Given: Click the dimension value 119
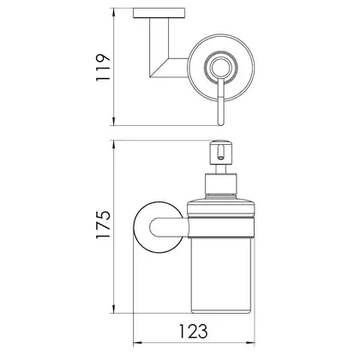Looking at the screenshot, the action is [x=103, y=68].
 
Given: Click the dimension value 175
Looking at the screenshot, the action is [x=103, y=225].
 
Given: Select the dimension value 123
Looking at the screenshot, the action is [x=194, y=332].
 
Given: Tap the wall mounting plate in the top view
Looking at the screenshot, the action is [x=159, y=13].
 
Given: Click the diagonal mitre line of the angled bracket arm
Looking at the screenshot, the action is [x=160, y=68].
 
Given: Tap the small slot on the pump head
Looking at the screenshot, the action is [x=220, y=153].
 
